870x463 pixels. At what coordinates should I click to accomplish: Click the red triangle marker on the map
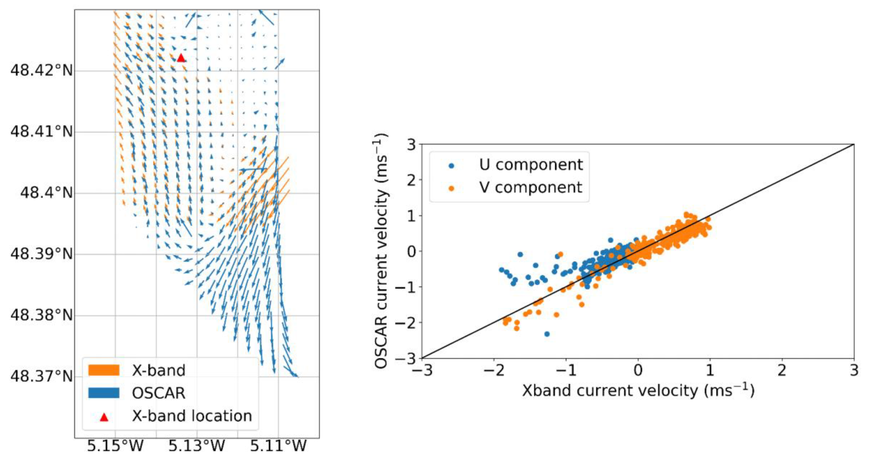point(181,58)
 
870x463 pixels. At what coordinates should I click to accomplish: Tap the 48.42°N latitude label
point(42,71)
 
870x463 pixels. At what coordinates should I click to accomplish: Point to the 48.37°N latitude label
point(42,376)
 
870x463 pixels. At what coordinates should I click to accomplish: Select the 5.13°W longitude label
point(197,446)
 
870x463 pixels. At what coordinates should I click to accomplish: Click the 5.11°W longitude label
point(278,446)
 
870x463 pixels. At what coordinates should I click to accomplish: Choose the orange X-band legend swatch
point(104,370)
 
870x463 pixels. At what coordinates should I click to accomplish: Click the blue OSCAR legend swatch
point(104,393)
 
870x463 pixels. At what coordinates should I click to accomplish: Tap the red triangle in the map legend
point(104,417)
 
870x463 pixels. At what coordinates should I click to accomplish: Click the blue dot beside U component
point(451,165)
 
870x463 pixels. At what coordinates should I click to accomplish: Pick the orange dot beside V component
point(451,188)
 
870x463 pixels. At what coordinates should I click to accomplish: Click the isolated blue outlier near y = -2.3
point(547,334)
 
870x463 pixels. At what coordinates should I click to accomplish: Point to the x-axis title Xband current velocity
point(638,391)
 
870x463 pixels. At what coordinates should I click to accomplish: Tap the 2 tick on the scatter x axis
point(782,370)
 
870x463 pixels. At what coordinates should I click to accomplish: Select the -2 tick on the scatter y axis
point(405,323)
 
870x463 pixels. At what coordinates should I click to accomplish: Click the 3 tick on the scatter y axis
point(411,144)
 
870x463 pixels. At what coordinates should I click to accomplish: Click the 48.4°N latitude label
point(46,193)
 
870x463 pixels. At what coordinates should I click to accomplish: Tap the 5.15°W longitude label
point(115,446)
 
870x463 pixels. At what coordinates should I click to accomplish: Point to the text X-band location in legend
point(192,416)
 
